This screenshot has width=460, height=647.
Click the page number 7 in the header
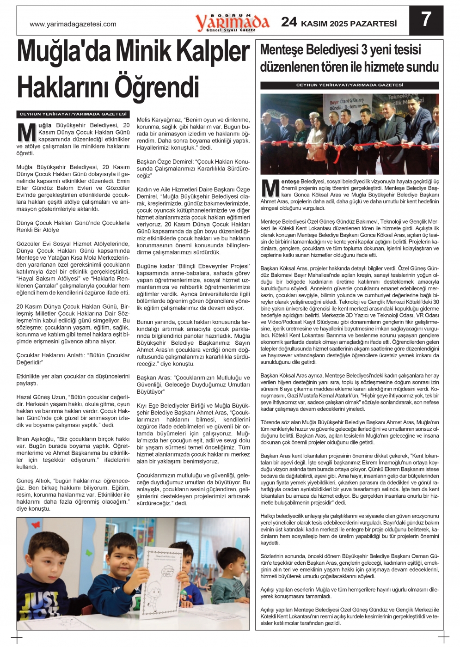click(x=426, y=20)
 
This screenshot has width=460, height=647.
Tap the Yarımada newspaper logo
click(x=232, y=22)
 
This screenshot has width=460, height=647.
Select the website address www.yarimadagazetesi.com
click(x=73, y=24)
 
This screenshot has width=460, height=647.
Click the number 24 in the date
click(x=289, y=22)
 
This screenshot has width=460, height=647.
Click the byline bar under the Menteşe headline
click(x=350, y=85)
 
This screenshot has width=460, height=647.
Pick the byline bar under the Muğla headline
click(x=73, y=114)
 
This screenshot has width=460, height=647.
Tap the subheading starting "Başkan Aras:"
click(x=193, y=385)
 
